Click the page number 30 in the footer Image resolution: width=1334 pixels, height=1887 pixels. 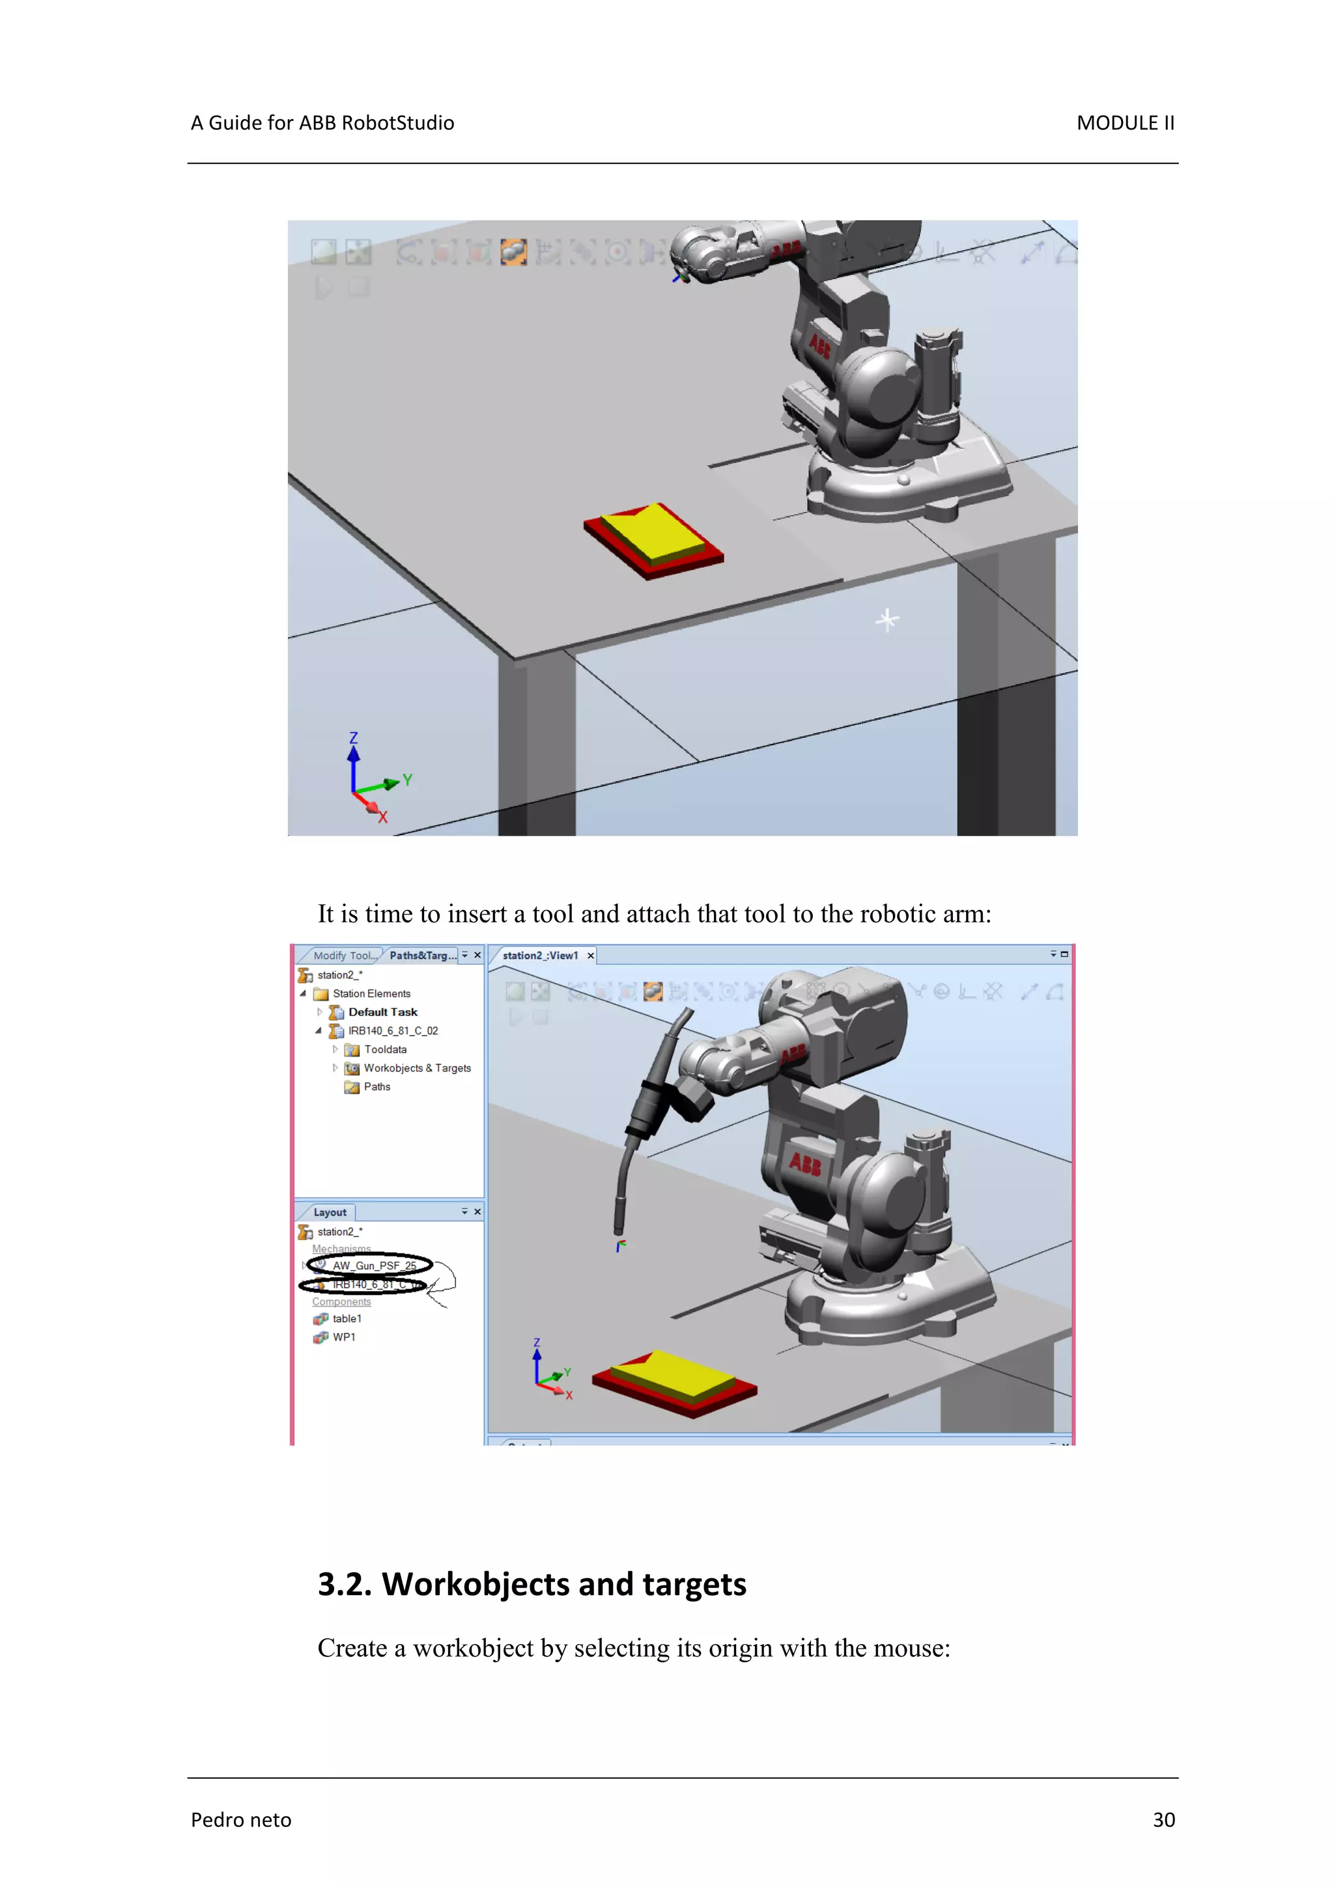(x=1163, y=1820)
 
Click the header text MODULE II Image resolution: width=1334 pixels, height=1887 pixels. (x=1124, y=123)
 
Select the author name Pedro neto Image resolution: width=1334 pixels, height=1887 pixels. (x=241, y=1820)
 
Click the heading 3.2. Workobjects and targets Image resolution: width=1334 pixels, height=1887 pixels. (x=531, y=1583)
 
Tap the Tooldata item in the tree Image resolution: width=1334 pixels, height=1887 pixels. (x=385, y=1049)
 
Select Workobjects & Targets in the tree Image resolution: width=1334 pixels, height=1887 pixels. (x=417, y=1068)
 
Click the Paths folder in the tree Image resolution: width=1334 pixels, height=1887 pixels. (x=376, y=1086)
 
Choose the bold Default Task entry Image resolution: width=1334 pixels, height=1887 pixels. (x=382, y=1012)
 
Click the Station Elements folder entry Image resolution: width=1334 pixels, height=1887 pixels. (x=371, y=993)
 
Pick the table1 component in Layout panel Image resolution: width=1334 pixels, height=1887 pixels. (x=346, y=1318)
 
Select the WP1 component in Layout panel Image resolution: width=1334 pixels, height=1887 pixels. (x=343, y=1337)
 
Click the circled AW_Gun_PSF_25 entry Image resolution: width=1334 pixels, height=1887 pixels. (x=374, y=1266)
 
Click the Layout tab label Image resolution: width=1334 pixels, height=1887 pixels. (x=330, y=1212)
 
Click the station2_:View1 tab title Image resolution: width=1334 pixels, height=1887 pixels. (x=540, y=955)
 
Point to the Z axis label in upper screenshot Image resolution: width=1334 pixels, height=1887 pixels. (x=354, y=737)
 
